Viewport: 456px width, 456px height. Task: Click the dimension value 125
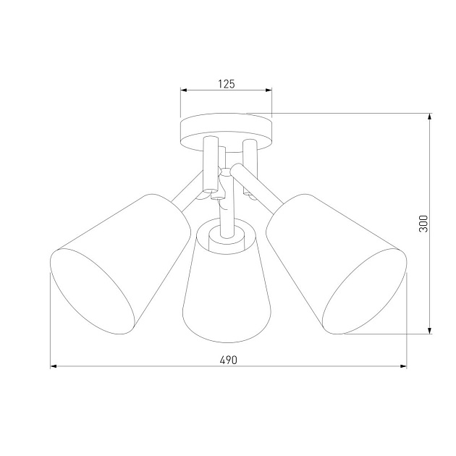point(227,84)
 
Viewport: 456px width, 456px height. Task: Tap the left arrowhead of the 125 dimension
point(184,90)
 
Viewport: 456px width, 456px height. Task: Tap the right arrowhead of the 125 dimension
point(269,90)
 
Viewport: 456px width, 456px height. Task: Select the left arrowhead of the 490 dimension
point(54,367)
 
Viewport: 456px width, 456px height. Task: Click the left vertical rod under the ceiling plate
point(210,163)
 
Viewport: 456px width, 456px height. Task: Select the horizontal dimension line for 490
point(145,367)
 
